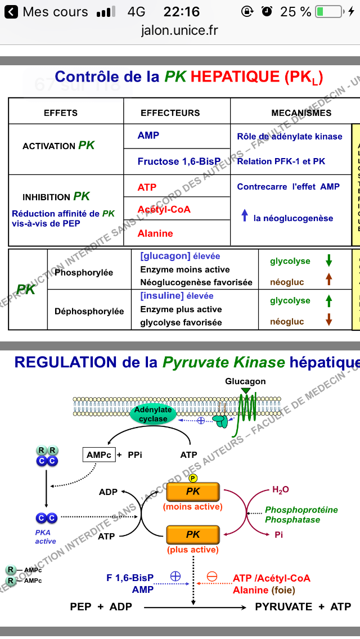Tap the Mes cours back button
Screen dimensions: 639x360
(x=48, y=12)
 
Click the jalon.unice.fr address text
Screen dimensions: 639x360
(x=179, y=30)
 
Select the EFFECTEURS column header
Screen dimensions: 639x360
(x=170, y=112)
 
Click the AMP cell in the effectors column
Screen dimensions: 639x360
(x=148, y=136)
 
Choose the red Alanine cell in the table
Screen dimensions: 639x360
(x=155, y=233)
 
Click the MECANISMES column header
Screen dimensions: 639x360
(x=301, y=112)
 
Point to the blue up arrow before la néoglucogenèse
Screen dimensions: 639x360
(x=244, y=215)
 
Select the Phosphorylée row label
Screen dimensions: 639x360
(x=84, y=273)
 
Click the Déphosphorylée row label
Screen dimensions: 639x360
(x=89, y=311)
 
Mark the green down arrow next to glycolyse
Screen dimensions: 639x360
(x=329, y=261)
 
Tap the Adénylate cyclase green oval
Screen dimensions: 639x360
(x=153, y=415)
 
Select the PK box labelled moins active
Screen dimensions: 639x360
(x=193, y=492)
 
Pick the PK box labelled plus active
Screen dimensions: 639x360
(x=193, y=534)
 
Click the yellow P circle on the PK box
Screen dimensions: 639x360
(x=193, y=478)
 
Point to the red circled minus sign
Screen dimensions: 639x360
(x=212, y=577)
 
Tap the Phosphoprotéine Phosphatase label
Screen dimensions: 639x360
(x=301, y=515)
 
